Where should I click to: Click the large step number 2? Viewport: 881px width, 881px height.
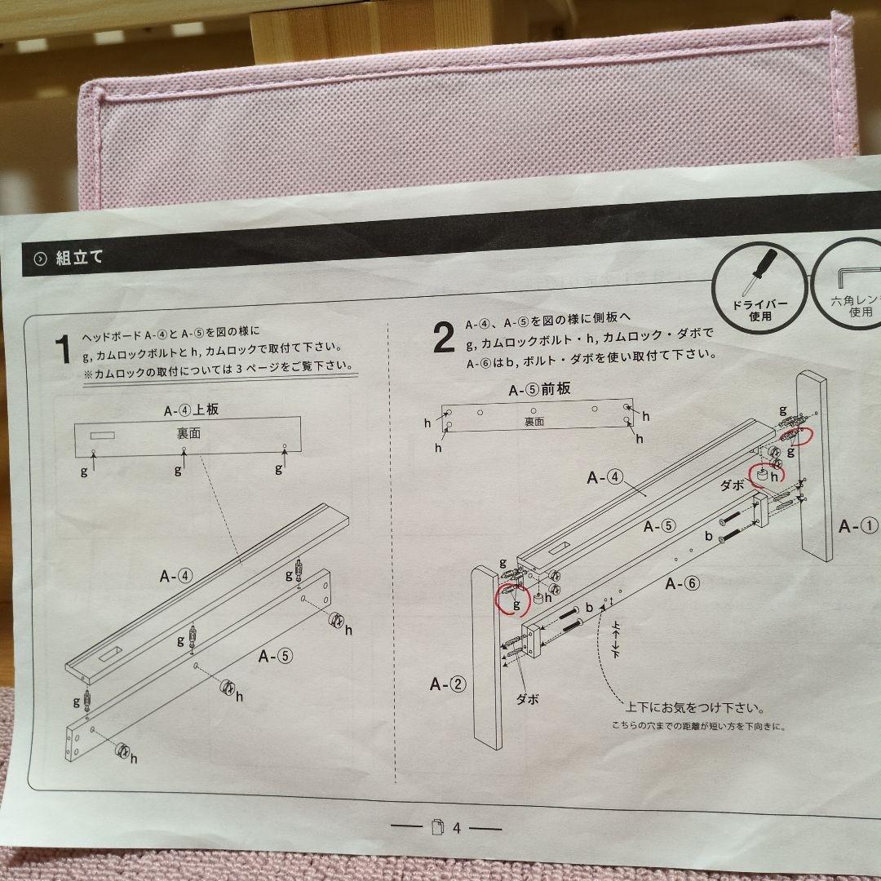(443, 338)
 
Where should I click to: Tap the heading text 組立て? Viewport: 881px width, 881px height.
(79, 259)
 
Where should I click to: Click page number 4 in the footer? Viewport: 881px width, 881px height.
(457, 828)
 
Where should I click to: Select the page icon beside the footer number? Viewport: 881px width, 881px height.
(437, 828)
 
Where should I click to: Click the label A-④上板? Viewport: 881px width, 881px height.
(190, 410)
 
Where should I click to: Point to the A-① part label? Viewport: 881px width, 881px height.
(859, 525)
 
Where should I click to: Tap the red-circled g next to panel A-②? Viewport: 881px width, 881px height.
(516, 604)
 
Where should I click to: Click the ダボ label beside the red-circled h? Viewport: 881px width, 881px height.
(733, 484)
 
